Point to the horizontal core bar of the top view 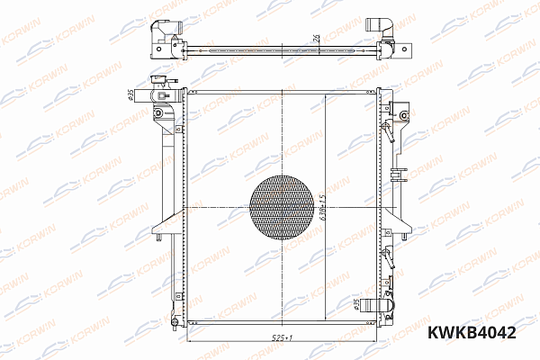pos(279,44)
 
